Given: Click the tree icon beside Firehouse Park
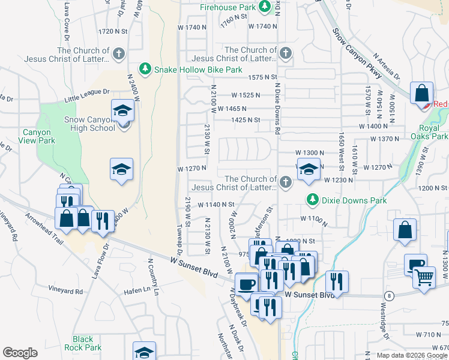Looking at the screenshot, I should coord(265,7).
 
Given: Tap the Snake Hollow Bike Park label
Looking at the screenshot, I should coord(198,70).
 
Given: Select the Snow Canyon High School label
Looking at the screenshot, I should coord(89,124).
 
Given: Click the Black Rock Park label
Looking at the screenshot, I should coord(87,343).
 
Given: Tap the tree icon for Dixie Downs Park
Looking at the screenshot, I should coord(312,199).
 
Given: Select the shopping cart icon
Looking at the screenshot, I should coord(424,278).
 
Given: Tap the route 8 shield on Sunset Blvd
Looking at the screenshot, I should coord(390,296).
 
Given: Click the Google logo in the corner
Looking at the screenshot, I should coord(20,352).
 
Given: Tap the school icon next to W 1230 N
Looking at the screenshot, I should coord(309,172).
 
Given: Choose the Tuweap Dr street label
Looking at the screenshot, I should coord(178,240).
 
